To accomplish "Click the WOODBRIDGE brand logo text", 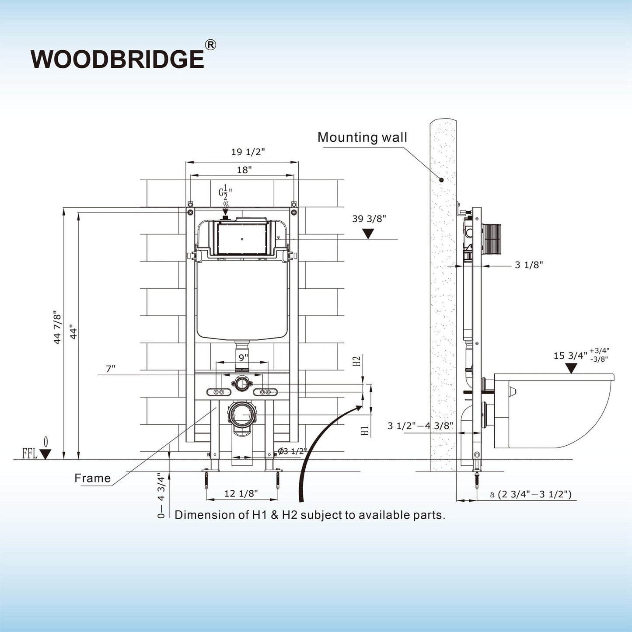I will click(117, 59).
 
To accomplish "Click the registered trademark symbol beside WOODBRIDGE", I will click(210, 45).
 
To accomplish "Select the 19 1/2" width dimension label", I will click(248, 152).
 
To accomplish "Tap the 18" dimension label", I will click(244, 170).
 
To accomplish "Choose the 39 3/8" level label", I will click(369, 219).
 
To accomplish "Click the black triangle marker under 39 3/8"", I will click(368, 234).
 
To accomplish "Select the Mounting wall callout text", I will click(362, 137).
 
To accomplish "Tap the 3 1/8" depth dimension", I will click(529, 265).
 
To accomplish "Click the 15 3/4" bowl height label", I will click(570, 356).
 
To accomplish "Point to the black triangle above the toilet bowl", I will click(571, 368).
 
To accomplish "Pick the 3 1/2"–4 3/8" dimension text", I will click(420, 426).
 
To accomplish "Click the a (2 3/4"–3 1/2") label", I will click(531, 495).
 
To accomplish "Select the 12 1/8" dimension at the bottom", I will click(241, 494).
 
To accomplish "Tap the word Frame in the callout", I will click(92, 478).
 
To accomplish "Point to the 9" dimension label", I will click(243, 357).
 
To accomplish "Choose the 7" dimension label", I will click(111, 369).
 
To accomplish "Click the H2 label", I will click(356, 361).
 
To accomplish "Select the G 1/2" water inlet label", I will click(225, 192).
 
